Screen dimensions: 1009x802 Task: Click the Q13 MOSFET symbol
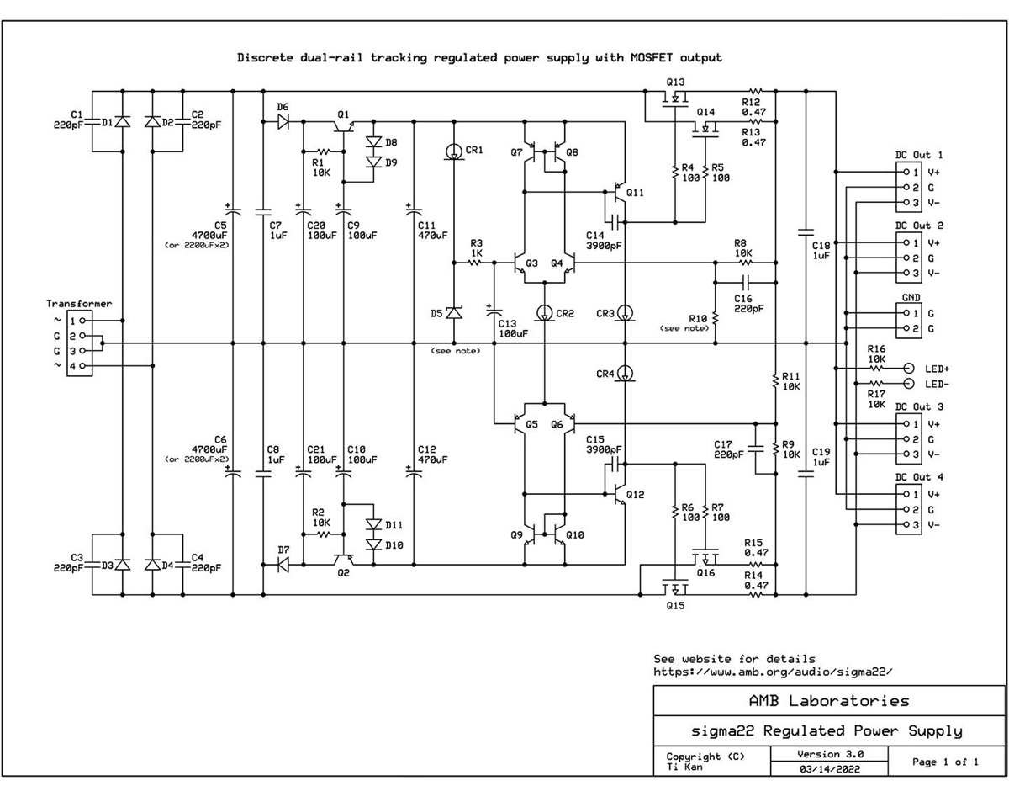pos(675,99)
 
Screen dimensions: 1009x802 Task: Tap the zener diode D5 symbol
pos(454,312)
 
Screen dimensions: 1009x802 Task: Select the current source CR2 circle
pos(544,312)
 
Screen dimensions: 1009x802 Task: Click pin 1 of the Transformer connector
pos(82,321)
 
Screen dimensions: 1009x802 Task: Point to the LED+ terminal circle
pos(909,369)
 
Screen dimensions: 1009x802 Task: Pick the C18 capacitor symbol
pos(806,231)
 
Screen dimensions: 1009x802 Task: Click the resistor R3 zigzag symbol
pos(474,263)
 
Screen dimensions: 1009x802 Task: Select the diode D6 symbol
pos(283,122)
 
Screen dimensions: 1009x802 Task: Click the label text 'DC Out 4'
pos(919,477)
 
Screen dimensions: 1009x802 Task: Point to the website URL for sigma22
pos(774,672)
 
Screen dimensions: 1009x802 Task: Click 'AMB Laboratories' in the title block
pos(829,701)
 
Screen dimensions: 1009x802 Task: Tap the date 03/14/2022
pos(829,768)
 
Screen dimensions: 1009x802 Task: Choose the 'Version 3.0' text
pos(830,754)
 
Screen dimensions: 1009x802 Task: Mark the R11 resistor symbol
pos(775,381)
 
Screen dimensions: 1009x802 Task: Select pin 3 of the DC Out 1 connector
pos(906,202)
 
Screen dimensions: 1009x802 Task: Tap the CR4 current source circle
pos(625,374)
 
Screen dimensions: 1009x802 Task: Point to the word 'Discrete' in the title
pos(265,58)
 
